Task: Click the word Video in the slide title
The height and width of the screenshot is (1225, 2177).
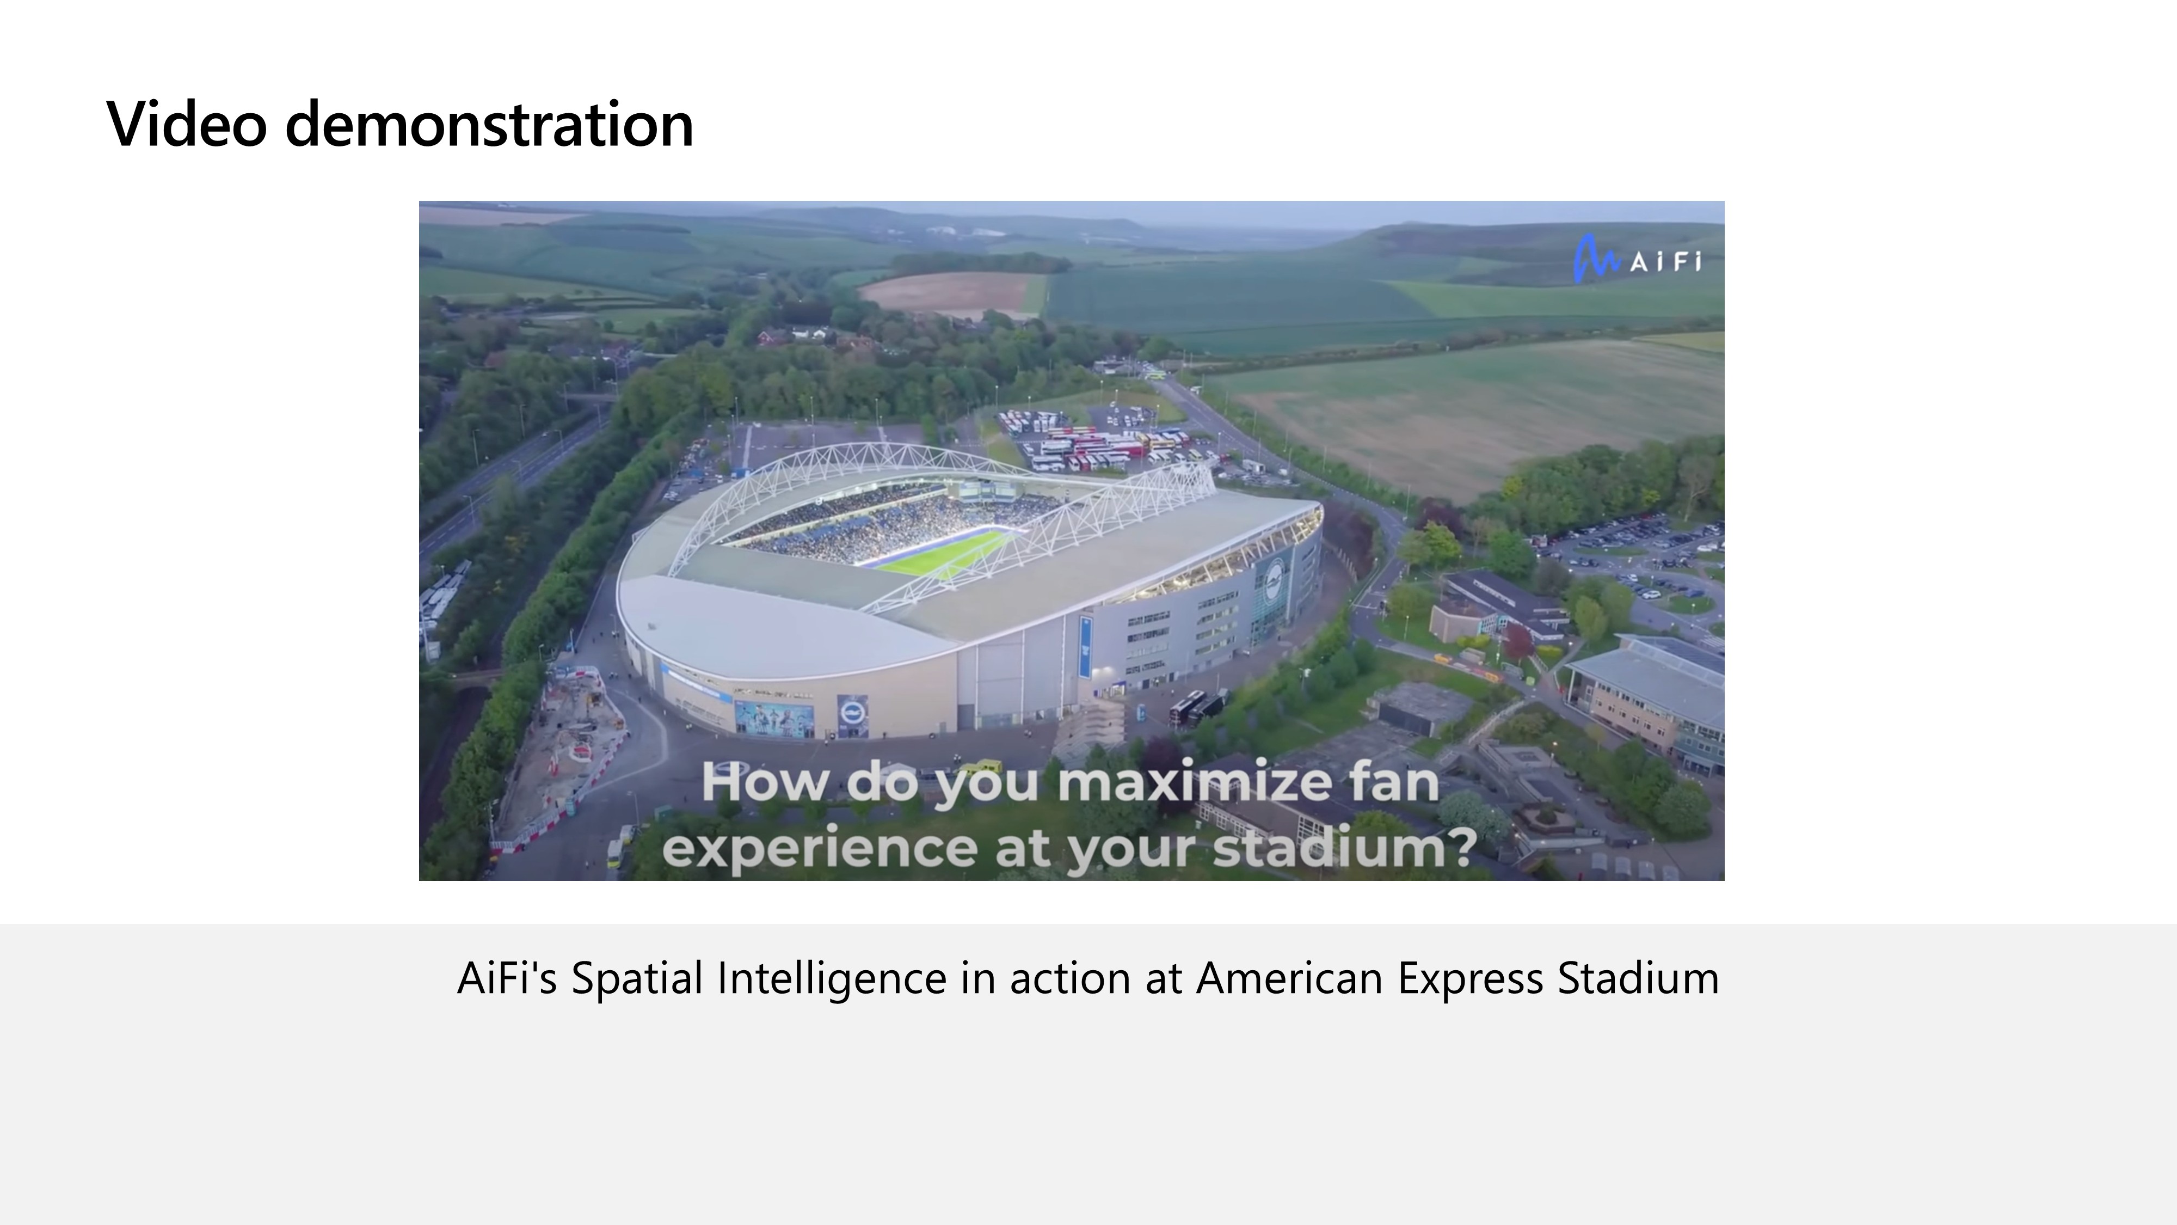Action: [187, 124]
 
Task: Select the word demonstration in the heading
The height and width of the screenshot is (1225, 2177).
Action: [489, 124]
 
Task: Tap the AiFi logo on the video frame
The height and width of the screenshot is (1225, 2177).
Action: [1637, 259]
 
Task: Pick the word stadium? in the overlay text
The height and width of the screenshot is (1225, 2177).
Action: [1344, 847]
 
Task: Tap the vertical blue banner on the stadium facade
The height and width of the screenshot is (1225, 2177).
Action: [1085, 647]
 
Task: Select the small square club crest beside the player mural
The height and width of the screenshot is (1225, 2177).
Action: [852, 715]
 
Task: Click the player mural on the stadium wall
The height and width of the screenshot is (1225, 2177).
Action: [774, 718]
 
